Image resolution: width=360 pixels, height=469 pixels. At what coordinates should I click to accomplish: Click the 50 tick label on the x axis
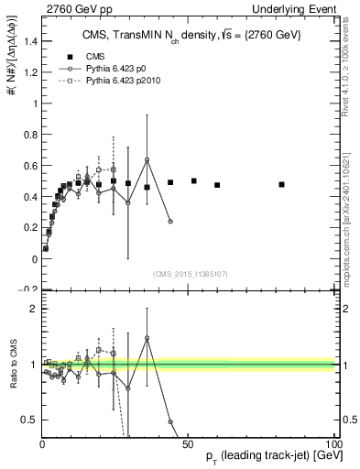click(189, 442)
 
